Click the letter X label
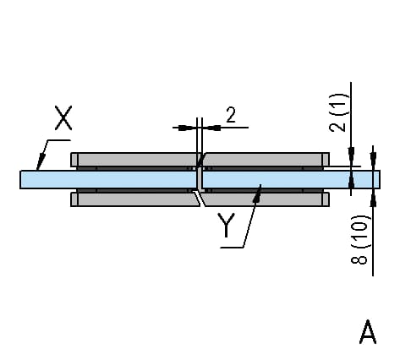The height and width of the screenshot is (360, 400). pos(63,117)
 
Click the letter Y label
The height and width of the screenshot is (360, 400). pos(226,225)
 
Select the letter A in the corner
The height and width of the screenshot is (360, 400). pos(368,332)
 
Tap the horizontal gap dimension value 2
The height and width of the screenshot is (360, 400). pos(231,115)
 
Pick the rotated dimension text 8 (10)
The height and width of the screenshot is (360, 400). pos(359,239)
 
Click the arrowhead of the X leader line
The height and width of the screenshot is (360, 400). pos(41,162)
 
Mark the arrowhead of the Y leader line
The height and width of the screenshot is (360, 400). pos(257,193)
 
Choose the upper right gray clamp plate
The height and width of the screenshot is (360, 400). pos(266,160)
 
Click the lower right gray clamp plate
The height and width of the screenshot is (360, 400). pos(265,199)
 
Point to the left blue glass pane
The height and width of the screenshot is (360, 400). pos(108,179)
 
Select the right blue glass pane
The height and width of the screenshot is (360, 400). pos(291,179)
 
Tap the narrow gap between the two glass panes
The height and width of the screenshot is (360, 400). pos(200,179)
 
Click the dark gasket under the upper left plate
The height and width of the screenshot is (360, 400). pos(135,168)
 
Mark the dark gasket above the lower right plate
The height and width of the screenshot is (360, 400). pos(264,190)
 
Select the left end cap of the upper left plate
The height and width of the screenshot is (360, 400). pos(74,160)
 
